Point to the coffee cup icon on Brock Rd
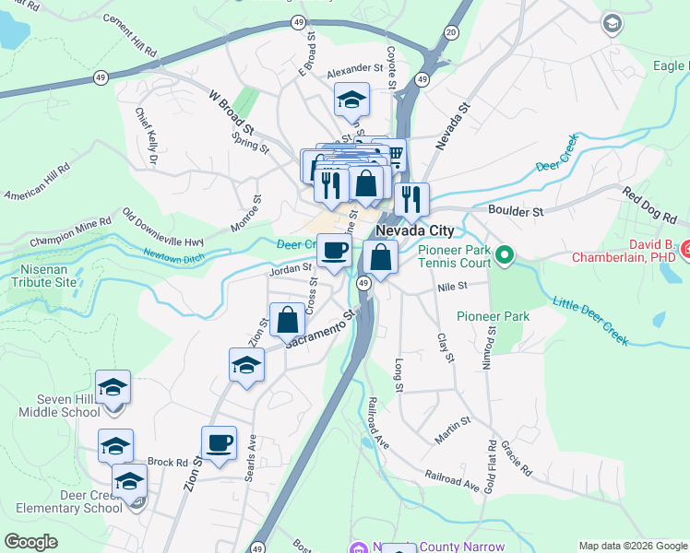point(219,443)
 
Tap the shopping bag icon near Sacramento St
point(288,321)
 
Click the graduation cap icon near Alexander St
point(351,100)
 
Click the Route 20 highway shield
point(450,31)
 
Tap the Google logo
point(30,542)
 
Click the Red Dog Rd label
point(649,206)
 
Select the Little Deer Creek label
point(590,320)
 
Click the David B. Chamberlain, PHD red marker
point(685,249)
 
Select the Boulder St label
point(516,212)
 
